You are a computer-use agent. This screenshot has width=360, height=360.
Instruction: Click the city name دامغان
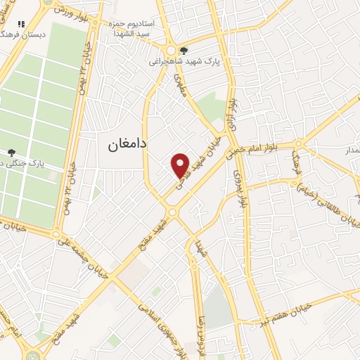pyautogui.click(x=127, y=144)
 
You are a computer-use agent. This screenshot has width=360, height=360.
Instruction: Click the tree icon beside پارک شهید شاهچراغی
pyautogui.click(x=184, y=51)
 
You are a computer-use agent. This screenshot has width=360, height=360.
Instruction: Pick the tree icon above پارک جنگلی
pyautogui.click(x=11, y=152)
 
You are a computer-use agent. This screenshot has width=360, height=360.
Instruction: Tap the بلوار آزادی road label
pyautogui.click(x=232, y=112)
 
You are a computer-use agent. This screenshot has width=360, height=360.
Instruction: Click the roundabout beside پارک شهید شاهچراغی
pyautogui.click(x=172, y=51)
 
